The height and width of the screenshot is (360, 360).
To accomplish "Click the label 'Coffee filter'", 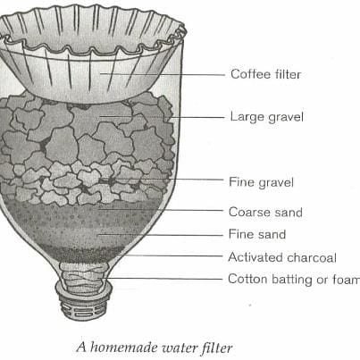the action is pos(265,74).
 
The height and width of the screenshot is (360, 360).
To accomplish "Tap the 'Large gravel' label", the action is pos(267,117).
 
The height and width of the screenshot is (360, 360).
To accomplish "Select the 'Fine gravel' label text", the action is pos(261,182).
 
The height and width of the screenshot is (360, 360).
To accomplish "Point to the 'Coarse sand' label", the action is pos(265,212).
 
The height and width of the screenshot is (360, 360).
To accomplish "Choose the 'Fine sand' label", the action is pos(257,234).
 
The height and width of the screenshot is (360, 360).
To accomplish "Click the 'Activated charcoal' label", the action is pos(282,257).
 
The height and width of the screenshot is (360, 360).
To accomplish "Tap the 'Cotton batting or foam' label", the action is pos(294,280).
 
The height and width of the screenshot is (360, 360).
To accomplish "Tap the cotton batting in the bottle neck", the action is pos(82,278).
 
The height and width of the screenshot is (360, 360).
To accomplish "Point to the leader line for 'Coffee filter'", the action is pos(162,74).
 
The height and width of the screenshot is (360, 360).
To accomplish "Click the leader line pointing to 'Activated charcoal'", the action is pos(170,255).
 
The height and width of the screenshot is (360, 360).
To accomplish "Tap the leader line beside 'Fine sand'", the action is pos(160,235).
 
